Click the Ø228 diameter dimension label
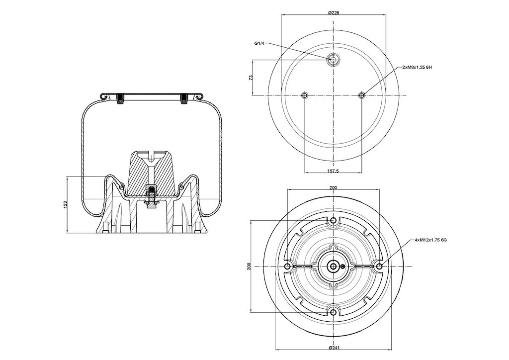coord(334,12)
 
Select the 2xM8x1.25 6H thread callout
coord(417,67)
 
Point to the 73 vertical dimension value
coord(251,78)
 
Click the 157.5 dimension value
coord(334,171)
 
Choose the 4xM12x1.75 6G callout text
coord(431,240)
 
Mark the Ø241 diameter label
coord(334,348)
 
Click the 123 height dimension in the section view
coord(65,205)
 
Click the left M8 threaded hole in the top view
coord(305,95)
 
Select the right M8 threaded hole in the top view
coord(362,95)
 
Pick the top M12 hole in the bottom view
coord(334,221)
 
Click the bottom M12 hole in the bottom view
coord(334,313)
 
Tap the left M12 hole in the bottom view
coord(287,267)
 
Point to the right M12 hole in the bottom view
coord(379,267)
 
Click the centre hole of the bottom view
coord(334,267)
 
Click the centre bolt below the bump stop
coord(151,197)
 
